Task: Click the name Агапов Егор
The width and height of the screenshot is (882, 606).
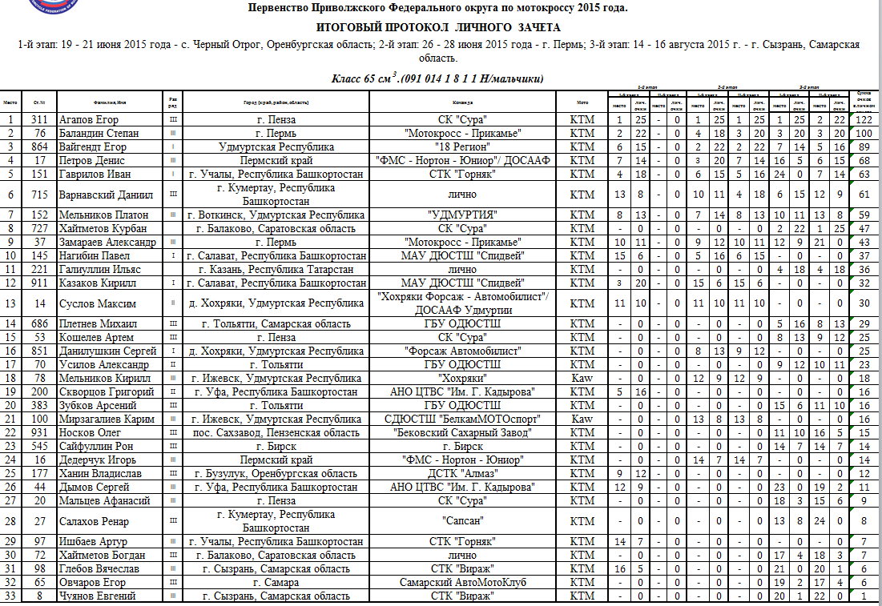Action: click(90, 119)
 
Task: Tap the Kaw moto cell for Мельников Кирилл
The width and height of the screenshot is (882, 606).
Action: click(582, 377)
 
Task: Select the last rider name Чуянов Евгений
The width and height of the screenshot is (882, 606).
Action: click(98, 596)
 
